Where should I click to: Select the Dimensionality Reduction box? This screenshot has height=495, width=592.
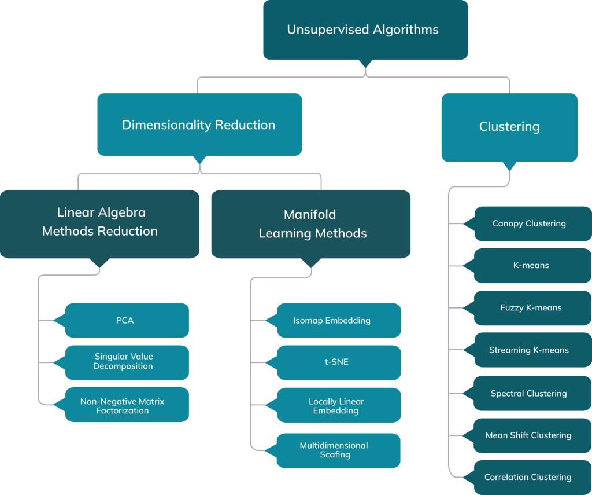tap(199, 124)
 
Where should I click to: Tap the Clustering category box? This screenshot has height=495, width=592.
tap(509, 127)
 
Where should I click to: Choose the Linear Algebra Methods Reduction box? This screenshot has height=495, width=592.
tap(99, 222)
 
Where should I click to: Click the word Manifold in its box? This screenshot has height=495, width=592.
tap(310, 214)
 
